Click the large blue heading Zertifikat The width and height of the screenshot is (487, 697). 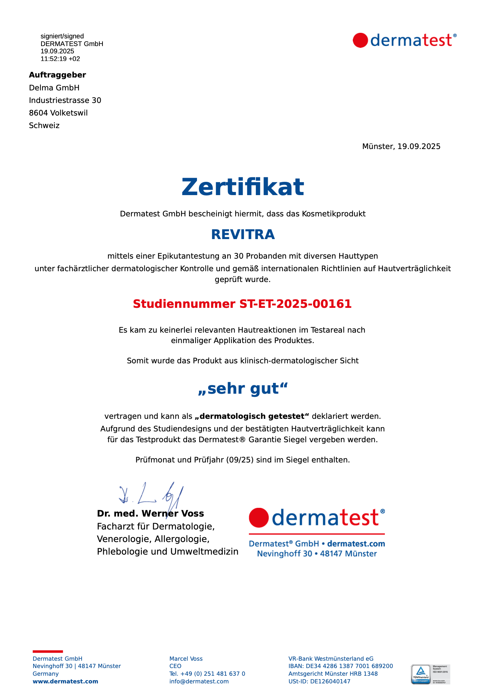(x=243, y=187)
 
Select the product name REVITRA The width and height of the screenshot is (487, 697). (x=243, y=235)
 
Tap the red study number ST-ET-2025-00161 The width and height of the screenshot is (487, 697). (x=242, y=304)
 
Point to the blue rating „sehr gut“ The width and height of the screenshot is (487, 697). (x=243, y=388)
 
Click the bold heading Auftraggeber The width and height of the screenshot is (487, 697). (x=58, y=75)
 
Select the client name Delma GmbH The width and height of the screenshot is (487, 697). (x=54, y=88)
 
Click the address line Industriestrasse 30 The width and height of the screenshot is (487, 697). (x=65, y=101)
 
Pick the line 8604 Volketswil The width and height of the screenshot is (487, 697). (x=58, y=113)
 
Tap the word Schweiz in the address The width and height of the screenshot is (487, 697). (x=44, y=126)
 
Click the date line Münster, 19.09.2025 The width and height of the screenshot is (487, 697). (x=401, y=147)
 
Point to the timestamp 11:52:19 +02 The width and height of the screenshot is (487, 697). (x=60, y=59)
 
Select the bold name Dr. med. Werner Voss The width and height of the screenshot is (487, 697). (x=150, y=513)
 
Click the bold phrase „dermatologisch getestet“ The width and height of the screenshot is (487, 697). (x=252, y=416)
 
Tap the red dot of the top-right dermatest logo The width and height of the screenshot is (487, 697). (x=360, y=40)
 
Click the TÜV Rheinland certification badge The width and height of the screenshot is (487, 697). (x=431, y=674)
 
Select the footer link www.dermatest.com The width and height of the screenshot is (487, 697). (x=65, y=681)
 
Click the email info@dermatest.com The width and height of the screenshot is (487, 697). (x=199, y=681)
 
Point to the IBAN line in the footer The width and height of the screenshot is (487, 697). (x=341, y=666)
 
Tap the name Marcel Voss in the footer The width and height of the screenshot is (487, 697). (x=186, y=659)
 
